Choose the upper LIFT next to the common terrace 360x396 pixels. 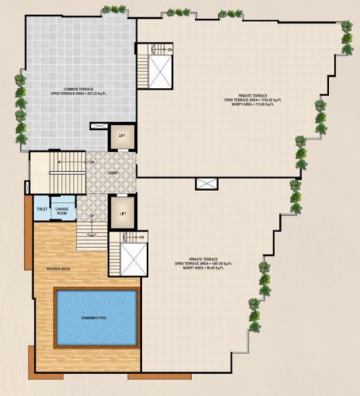pyautogui.click(x=121, y=136)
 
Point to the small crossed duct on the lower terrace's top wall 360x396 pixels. pyautogui.click(x=205, y=183)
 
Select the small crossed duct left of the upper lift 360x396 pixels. pyautogui.click(x=98, y=125)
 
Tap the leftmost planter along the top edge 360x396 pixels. pyautogui.click(x=113, y=10)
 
